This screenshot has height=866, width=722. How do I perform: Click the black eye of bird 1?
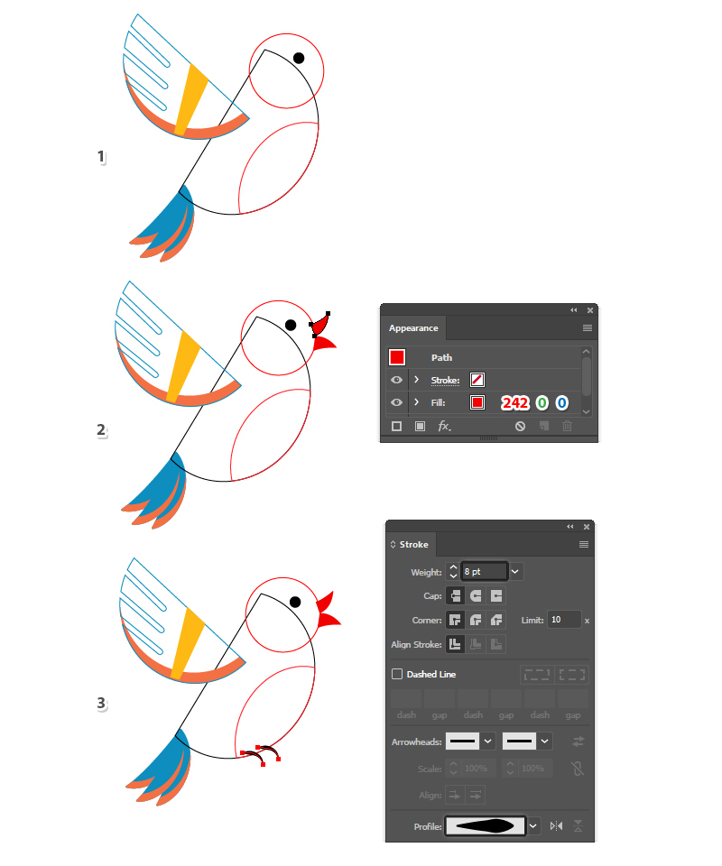[x=299, y=58]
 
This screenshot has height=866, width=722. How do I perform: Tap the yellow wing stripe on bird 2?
[x=183, y=365]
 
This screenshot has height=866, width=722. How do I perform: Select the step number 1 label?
[x=101, y=156]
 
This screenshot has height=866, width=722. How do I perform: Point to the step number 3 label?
[x=101, y=703]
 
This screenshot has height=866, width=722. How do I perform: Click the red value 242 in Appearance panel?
[x=514, y=402]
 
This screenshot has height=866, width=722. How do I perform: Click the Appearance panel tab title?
[x=413, y=328]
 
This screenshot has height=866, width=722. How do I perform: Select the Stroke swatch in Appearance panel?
[x=477, y=380]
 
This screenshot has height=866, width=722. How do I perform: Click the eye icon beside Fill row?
[x=396, y=402]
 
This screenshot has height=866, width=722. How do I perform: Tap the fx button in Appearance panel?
[x=444, y=426]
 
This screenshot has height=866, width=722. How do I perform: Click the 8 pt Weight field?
[x=485, y=572]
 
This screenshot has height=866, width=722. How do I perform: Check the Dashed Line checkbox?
[x=396, y=674]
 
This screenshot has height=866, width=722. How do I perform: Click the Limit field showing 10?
[x=564, y=620]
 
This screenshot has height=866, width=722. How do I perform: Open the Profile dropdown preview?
[x=486, y=826]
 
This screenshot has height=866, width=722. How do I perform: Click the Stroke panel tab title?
[x=413, y=545]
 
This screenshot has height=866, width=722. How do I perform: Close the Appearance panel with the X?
[x=590, y=310]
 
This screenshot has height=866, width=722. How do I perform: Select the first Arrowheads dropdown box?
[x=470, y=742]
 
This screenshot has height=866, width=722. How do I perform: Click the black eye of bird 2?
[x=291, y=325]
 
